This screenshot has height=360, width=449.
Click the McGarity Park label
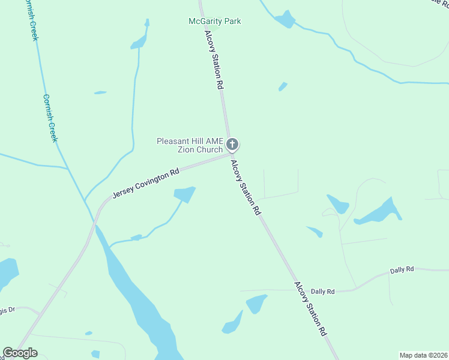[x=214, y=21]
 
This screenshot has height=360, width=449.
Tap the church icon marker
[x=232, y=144]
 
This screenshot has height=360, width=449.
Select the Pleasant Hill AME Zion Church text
[x=190, y=145]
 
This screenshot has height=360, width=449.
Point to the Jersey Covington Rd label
[x=146, y=184]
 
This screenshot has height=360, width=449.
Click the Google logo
[x=20, y=353]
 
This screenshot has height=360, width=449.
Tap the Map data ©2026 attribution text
[x=424, y=355]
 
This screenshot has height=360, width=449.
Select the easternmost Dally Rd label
[x=402, y=270]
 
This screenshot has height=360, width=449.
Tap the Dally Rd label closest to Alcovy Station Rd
[x=322, y=292]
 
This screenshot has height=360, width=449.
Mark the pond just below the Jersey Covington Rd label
[x=184, y=194]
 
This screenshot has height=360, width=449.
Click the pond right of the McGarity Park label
[x=285, y=20]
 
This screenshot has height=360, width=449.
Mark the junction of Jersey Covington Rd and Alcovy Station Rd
[x=231, y=154]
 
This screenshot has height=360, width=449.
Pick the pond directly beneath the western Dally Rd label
[x=256, y=304]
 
